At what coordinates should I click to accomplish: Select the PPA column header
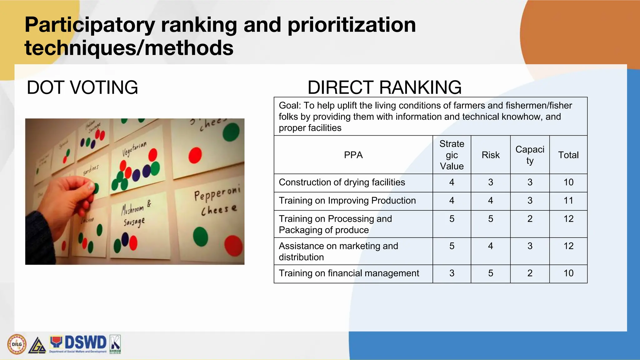tap(353, 155)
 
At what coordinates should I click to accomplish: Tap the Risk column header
tap(490, 155)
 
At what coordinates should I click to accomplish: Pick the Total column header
tap(568, 155)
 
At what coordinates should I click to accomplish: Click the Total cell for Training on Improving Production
tap(568, 201)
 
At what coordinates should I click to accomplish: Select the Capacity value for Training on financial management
tap(530, 273)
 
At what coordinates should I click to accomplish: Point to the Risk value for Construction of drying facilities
tap(490, 182)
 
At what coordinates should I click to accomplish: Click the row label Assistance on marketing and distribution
tap(338, 251)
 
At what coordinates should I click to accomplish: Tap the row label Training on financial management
tap(349, 273)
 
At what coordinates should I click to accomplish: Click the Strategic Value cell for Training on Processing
tap(452, 219)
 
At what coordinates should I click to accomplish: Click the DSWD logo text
tap(85, 342)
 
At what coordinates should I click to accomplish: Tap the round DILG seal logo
tap(17, 344)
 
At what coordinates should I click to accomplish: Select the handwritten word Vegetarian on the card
tap(134, 149)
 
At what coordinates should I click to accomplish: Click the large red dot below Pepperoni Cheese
tap(233, 246)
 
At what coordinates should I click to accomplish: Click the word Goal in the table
tap(289, 106)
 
